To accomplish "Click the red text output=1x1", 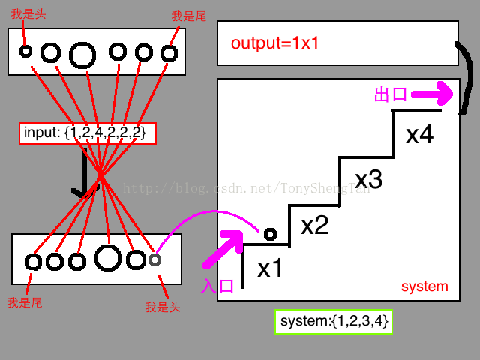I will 275,43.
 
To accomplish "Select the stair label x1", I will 270,268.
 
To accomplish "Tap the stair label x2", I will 315,225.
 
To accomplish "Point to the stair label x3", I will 368,179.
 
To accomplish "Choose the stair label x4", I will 419,135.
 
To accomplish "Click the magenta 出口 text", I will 390,94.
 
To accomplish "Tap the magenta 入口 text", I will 218,286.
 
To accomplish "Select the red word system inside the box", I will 424,286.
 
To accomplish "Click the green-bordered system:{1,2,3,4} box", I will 334,322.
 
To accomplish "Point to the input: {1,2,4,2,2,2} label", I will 87,133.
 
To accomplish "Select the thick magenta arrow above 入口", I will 223,250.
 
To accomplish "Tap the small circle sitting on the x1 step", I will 270,234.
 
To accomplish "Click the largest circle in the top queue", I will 82,54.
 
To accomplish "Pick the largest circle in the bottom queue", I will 108,258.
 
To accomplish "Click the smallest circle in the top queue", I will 25,52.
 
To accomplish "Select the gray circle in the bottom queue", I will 154,259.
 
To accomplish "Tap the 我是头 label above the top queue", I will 26,15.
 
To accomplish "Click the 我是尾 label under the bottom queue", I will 23,303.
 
